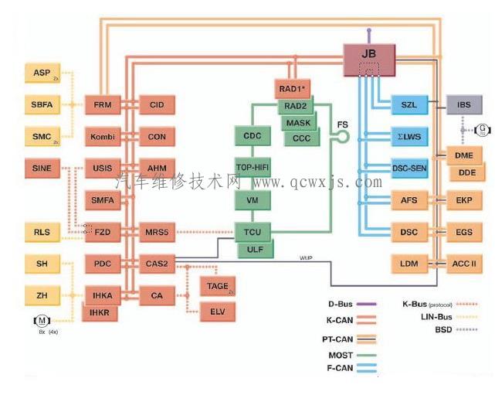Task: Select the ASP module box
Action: pyautogui.click(x=42, y=73)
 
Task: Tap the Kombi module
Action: pyautogui.click(x=103, y=138)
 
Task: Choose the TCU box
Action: pyautogui.click(x=252, y=232)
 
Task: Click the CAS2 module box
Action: pyautogui.click(x=157, y=264)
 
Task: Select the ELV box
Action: pyautogui.click(x=218, y=313)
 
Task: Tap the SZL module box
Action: pyautogui.click(x=409, y=104)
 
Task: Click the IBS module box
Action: pyautogui.click(x=464, y=104)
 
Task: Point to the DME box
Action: pyautogui.click(x=464, y=155)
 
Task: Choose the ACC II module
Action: pyautogui.click(x=464, y=264)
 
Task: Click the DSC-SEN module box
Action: pyautogui.click(x=409, y=168)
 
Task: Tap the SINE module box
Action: pyautogui.click(x=42, y=167)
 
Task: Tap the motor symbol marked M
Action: pyautogui.click(x=40, y=321)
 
